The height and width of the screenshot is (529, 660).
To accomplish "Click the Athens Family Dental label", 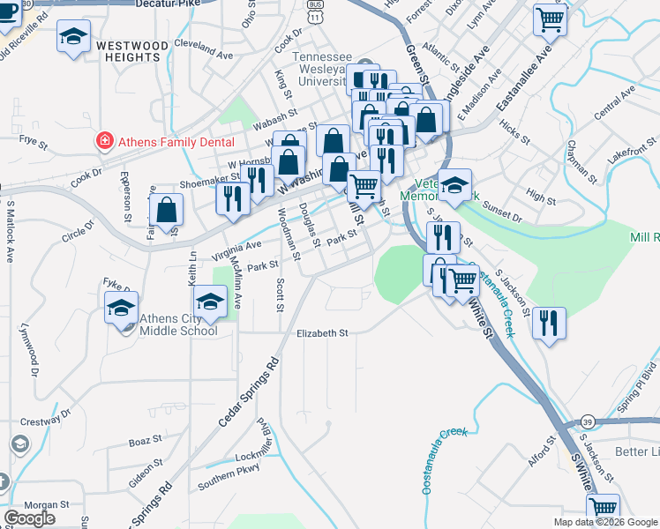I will click(x=177, y=142).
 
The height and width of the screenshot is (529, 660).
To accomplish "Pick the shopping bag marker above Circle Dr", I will click(x=166, y=212).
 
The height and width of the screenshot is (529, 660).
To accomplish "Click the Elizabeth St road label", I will click(x=323, y=333).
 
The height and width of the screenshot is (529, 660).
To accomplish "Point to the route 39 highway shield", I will click(x=587, y=421).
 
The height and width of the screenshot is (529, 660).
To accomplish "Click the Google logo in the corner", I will click(x=29, y=518).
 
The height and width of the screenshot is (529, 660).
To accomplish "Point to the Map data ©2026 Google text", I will click(x=605, y=522).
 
